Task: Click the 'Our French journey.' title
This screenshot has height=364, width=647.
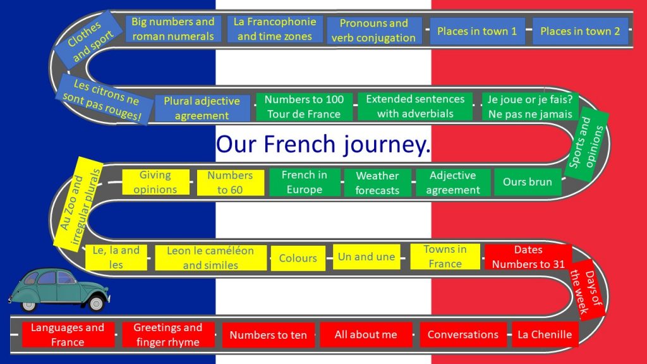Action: pos(323,144)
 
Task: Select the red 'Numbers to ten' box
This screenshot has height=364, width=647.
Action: pos(268,335)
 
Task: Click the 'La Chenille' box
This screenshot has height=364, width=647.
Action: pos(545,334)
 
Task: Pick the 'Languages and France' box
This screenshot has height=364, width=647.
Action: pos(68,334)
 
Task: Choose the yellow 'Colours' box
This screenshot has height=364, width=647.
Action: pos(298,258)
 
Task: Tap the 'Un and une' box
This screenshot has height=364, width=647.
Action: pos(366,257)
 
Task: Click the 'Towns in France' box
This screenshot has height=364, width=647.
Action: pos(445,257)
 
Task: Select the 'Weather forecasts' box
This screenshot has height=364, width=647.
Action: pos(377,183)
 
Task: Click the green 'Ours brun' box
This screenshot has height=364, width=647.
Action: pos(528,182)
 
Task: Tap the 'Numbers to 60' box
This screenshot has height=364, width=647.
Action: pos(230,183)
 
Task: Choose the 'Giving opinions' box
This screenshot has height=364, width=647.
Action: pos(155,182)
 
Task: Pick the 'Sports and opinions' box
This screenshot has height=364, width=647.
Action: pos(586,142)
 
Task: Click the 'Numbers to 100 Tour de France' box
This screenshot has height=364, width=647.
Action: pos(304,107)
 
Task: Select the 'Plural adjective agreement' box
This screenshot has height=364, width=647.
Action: pos(202,108)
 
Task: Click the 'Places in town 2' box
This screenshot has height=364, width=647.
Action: pos(580,31)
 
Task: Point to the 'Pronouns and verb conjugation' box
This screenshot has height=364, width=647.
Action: pos(373,30)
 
